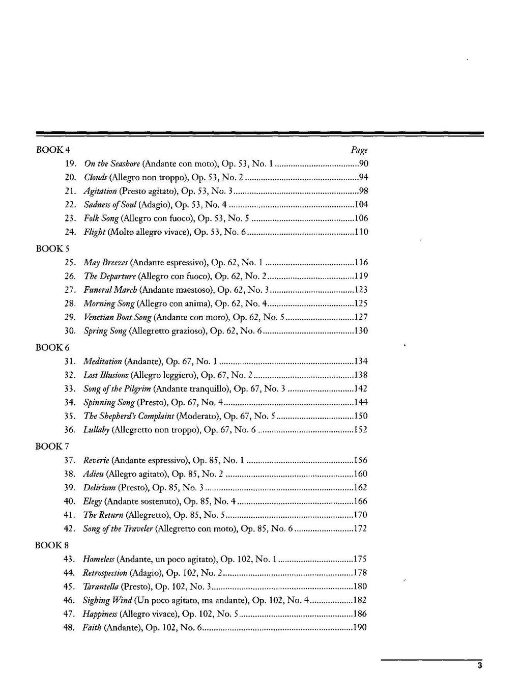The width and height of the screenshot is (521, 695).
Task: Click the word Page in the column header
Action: [359, 150]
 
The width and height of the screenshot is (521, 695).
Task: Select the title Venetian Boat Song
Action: [118, 317]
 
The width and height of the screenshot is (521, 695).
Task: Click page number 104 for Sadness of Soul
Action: [361, 205]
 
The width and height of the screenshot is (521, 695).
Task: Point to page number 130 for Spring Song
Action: [361, 331]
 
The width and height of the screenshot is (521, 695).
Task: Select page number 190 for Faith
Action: [360, 628]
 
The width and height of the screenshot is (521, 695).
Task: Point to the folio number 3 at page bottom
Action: [479, 666]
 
